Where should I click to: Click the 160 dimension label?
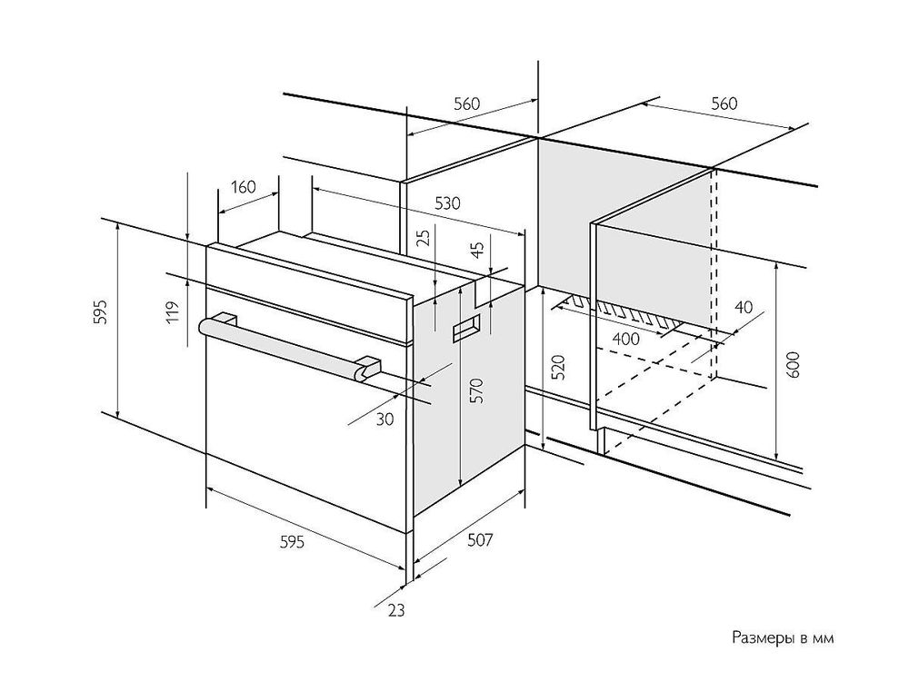[x=243, y=188]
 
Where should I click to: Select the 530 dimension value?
[x=445, y=203]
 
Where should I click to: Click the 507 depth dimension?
[x=480, y=540]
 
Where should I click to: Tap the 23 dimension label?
[x=394, y=610]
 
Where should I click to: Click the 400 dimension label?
[x=625, y=339]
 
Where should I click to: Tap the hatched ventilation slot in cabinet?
[x=627, y=313]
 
